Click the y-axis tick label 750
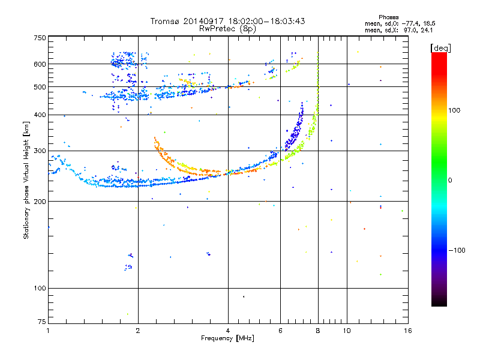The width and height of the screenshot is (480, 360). click(x=40, y=38)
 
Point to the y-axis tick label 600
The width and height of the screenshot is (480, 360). click(x=40, y=64)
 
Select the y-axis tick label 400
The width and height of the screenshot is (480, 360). click(x=40, y=115)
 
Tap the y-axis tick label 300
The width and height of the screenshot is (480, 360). click(x=40, y=151)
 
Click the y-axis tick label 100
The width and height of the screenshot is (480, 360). click(x=40, y=288)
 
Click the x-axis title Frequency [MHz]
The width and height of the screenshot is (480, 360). click(x=228, y=338)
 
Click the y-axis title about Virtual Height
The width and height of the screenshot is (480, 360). click(x=26, y=180)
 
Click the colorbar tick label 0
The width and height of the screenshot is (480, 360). click(x=449, y=180)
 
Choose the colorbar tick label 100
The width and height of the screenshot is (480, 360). click(x=454, y=110)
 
